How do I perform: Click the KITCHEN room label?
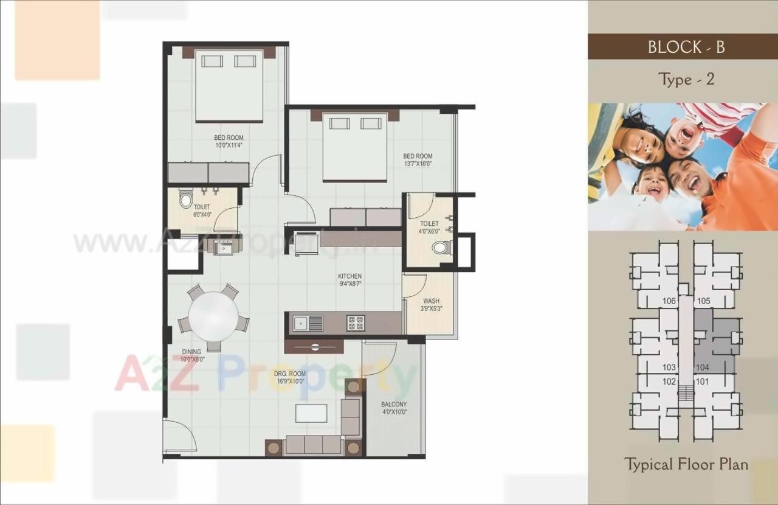tap(349, 276)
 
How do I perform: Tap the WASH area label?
tap(432, 301)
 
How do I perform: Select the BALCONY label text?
tap(394, 404)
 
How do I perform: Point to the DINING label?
tap(191, 352)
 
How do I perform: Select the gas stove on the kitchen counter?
tap(356, 323)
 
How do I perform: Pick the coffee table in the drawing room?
tap(311, 413)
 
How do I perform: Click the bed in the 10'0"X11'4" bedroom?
tap(229, 86)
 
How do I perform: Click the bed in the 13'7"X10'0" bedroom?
tap(355, 147)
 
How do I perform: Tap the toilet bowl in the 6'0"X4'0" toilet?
tap(186, 199)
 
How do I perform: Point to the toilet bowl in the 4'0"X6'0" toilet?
tap(441, 247)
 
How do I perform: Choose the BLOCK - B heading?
tap(686, 47)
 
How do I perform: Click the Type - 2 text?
tap(686, 79)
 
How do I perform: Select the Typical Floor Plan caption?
tap(686, 464)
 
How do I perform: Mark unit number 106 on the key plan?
tap(669, 301)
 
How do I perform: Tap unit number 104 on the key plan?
tap(703, 367)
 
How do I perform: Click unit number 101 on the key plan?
tap(703, 382)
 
